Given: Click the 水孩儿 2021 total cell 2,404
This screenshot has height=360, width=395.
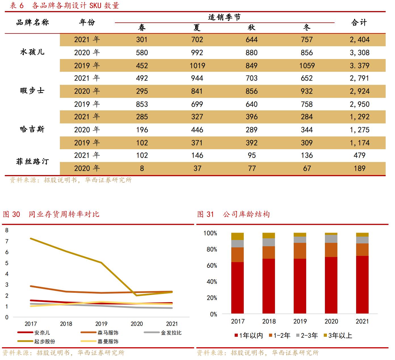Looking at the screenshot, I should [360, 40].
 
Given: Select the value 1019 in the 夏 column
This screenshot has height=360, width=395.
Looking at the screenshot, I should [197, 66].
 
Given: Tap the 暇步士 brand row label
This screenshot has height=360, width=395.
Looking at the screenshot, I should [32, 91].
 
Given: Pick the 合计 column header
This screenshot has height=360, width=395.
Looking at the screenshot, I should [359, 22].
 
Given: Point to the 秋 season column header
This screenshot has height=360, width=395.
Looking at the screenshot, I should [252, 28].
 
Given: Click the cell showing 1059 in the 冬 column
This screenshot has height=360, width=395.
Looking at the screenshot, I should [307, 66].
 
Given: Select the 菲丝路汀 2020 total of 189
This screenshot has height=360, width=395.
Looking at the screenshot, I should [360, 169].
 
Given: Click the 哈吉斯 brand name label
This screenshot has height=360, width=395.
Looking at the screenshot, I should [32, 130].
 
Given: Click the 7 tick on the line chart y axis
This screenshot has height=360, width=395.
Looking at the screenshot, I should [7, 241].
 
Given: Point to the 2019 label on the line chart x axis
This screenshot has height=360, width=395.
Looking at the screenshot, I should [101, 324].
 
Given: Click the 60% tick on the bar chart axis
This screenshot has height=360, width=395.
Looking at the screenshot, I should [210, 266].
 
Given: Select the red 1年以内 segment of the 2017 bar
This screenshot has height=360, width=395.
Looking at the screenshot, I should [238, 288].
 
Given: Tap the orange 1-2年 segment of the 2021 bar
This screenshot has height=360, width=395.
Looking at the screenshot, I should [362, 250].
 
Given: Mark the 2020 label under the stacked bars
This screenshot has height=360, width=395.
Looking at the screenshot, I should [331, 321].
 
